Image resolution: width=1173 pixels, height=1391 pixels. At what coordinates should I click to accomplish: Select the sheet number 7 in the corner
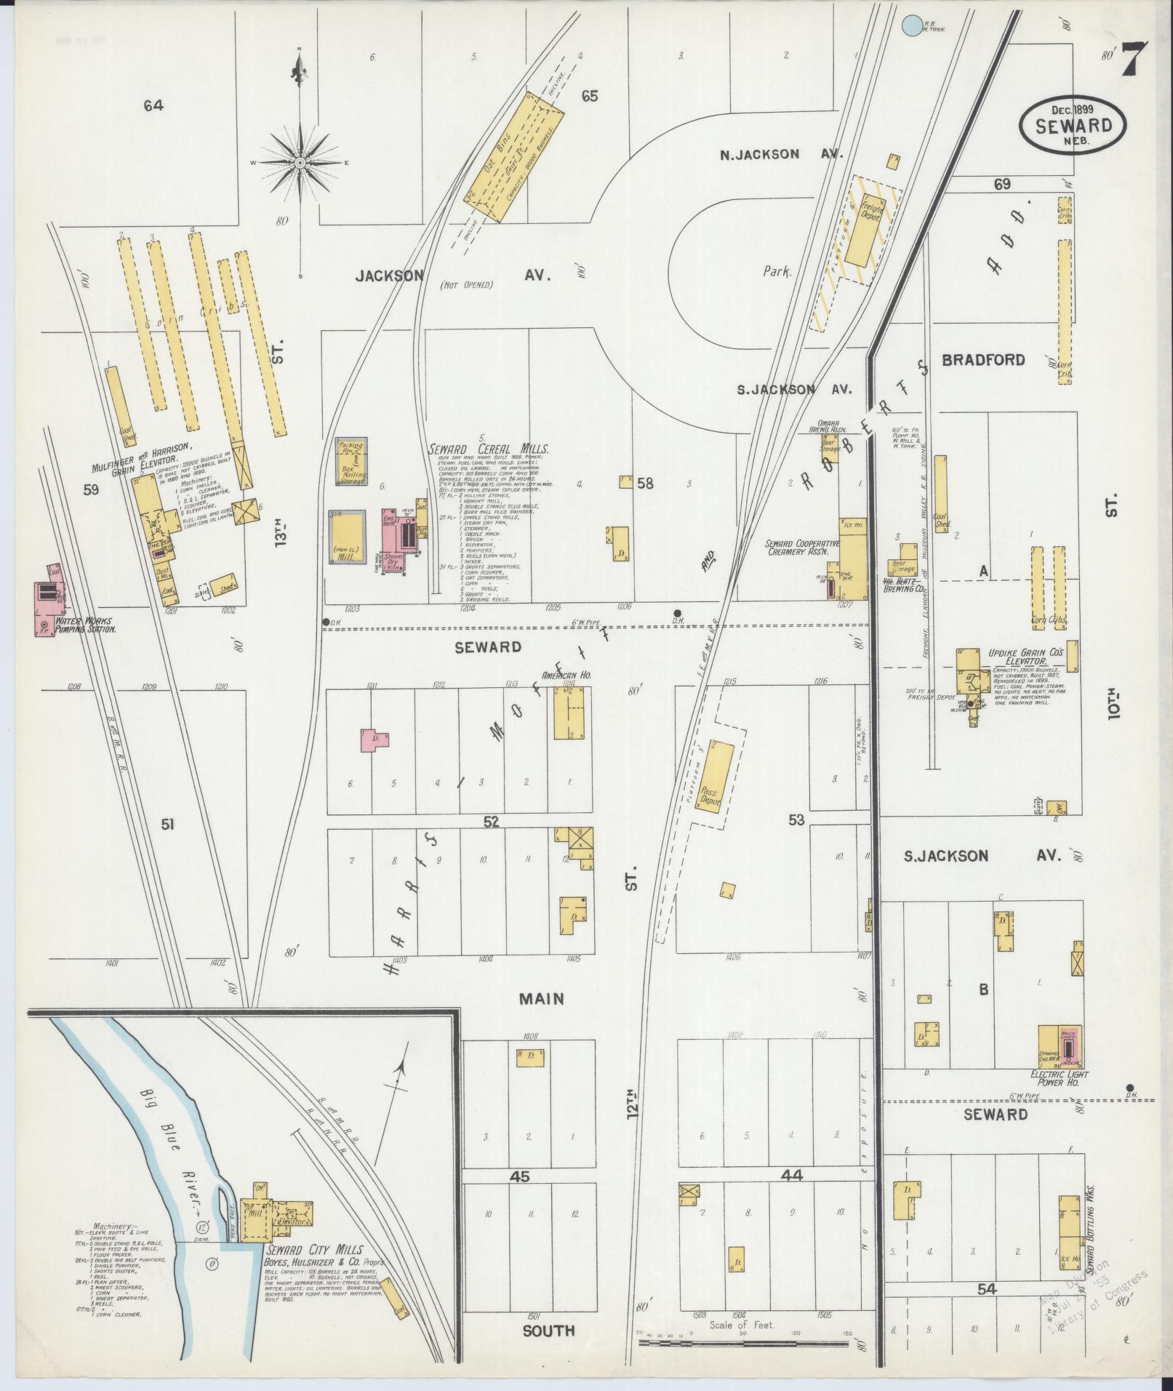pyautogui.click(x=1133, y=60)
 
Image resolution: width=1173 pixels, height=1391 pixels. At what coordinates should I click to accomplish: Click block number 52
pyautogui.click(x=492, y=821)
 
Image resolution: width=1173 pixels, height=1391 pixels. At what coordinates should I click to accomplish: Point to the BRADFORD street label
pyautogui.click(x=983, y=360)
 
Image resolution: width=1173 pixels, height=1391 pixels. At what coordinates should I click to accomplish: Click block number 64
pyautogui.click(x=153, y=106)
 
